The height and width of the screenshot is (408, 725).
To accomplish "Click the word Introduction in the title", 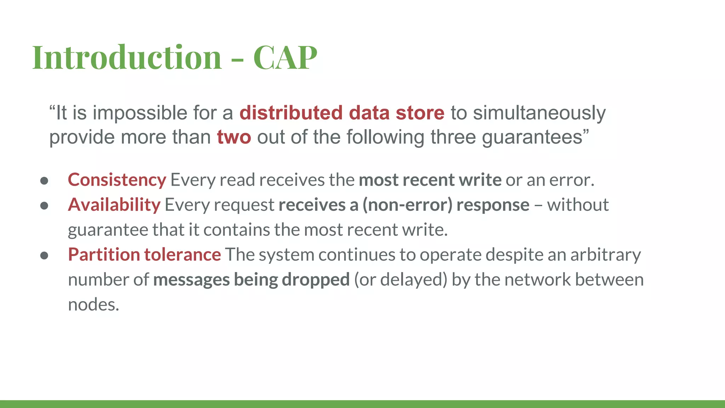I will pyautogui.click(x=127, y=57).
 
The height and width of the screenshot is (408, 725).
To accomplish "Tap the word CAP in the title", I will pyautogui.click(x=285, y=57).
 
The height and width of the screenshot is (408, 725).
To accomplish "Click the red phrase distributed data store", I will pyautogui.click(x=342, y=113).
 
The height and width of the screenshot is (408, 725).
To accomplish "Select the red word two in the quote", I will pyautogui.click(x=234, y=137).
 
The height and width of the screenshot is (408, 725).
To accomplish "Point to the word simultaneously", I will pyautogui.click(x=539, y=113).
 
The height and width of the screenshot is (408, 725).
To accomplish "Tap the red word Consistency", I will pyautogui.click(x=117, y=180).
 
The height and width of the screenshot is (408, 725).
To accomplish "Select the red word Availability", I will pyautogui.click(x=114, y=205).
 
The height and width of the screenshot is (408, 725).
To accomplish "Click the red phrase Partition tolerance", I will pyautogui.click(x=144, y=255).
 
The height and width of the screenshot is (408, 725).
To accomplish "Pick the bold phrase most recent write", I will pyautogui.click(x=430, y=180).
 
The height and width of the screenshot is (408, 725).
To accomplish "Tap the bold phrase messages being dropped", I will pyautogui.click(x=251, y=280).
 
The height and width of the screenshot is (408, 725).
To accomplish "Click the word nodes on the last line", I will pyautogui.click(x=93, y=305).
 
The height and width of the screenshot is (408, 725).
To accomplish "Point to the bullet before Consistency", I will pyautogui.click(x=44, y=181).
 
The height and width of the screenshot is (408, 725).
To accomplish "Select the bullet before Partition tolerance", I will pyautogui.click(x=44, y=256).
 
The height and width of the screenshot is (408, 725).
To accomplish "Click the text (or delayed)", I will pyautogui.click(x=400, y=280).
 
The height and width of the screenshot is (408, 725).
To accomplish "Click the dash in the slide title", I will pyautogui.click(x=237, y=59).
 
